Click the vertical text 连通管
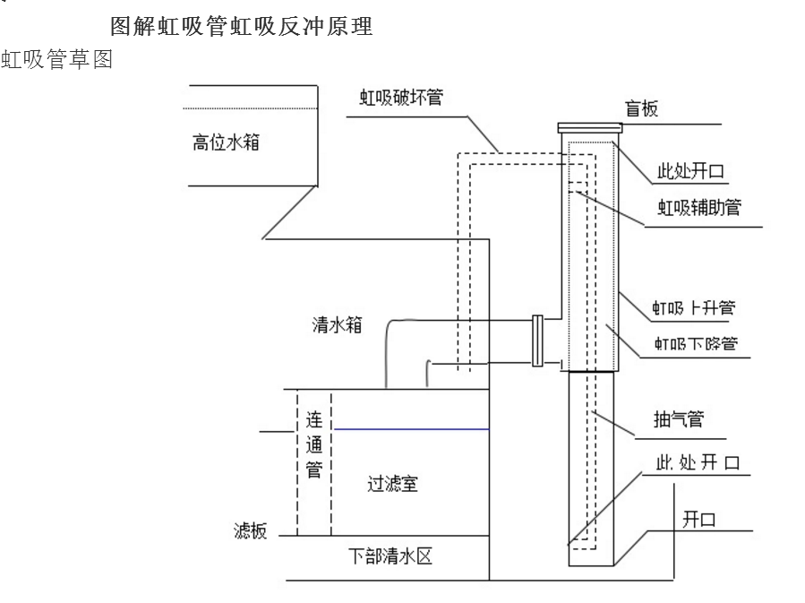314,443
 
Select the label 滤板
244,530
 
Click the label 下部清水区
400,555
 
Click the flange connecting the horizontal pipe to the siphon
537,340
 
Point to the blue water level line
410,429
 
